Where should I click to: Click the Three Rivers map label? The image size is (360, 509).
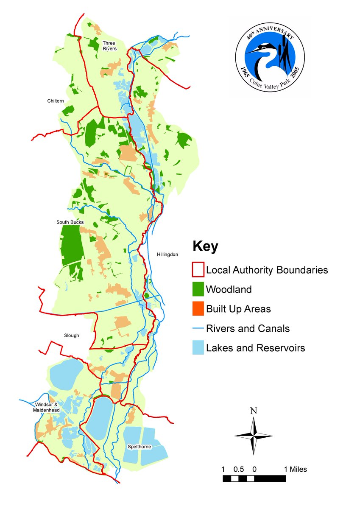109,45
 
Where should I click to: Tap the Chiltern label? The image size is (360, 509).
55,101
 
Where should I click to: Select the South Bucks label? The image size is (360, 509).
70,222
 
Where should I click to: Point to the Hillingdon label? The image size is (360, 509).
167,255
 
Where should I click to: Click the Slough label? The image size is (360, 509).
72,336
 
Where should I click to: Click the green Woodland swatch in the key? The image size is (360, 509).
198,289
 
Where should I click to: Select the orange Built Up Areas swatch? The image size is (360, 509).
198,309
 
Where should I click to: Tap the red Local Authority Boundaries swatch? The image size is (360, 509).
198,270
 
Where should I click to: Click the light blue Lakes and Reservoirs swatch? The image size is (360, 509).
198,348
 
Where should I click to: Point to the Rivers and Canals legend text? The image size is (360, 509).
248,328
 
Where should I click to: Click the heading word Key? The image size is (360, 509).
205,246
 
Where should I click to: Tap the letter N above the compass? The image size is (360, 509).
254,411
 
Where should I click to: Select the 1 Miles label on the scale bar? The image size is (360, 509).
295,470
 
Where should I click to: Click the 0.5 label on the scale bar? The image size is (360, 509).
239,470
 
